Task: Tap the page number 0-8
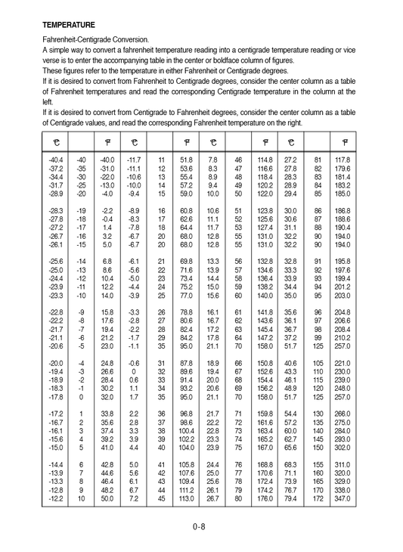[200, 527]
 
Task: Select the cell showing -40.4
[55, 160]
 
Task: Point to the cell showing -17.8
[55, 396]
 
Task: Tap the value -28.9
[55, 194]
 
